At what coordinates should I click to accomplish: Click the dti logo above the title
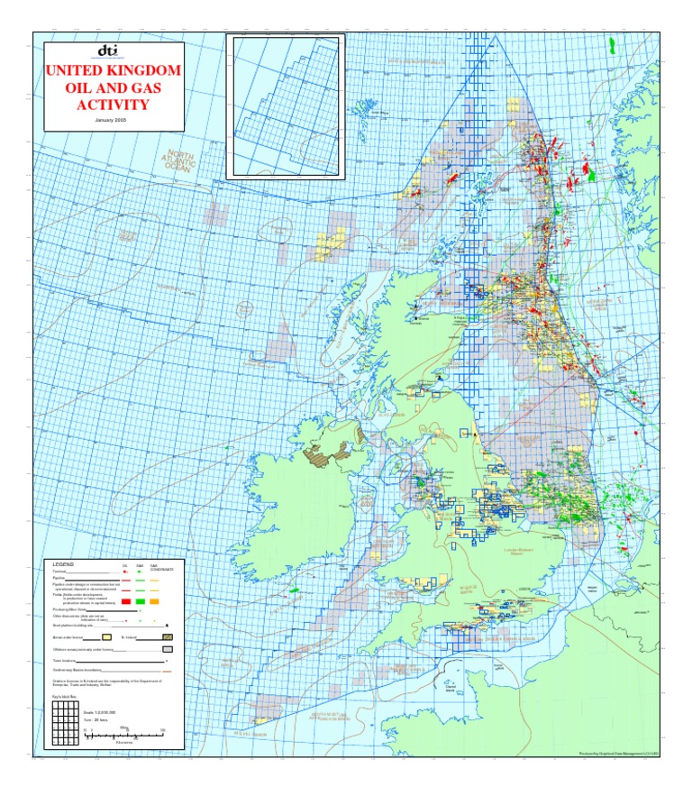108,52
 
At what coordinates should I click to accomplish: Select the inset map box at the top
284,107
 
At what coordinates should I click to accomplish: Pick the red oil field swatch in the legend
127,600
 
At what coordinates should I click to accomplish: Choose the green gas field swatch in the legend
141,600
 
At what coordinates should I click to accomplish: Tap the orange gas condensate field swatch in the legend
155,600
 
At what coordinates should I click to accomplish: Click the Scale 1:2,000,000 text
102,711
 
